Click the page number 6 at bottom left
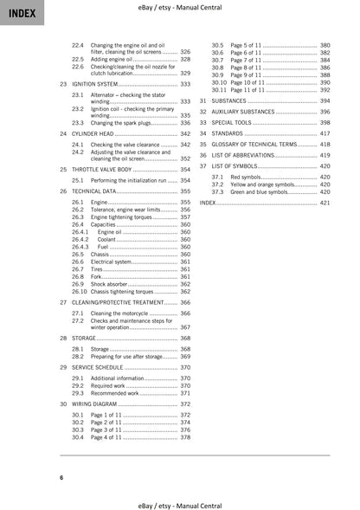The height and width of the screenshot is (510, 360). coord(61,478)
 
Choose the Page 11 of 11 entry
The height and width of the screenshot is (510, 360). coord(250,89)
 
